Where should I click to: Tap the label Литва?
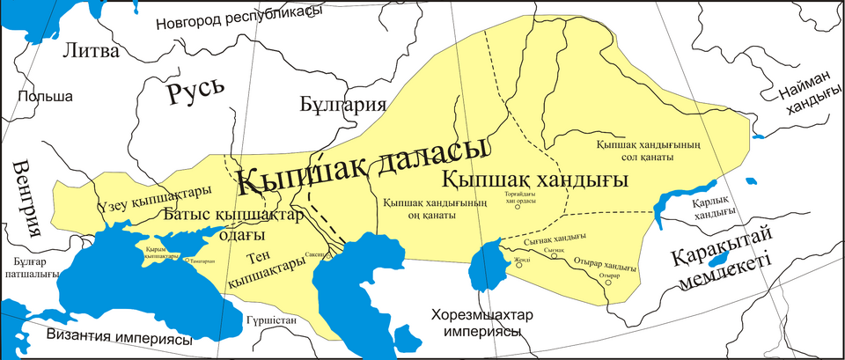(90, 51)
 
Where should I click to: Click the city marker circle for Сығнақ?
(564, 257)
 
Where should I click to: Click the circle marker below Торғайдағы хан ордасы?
(518, 208)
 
